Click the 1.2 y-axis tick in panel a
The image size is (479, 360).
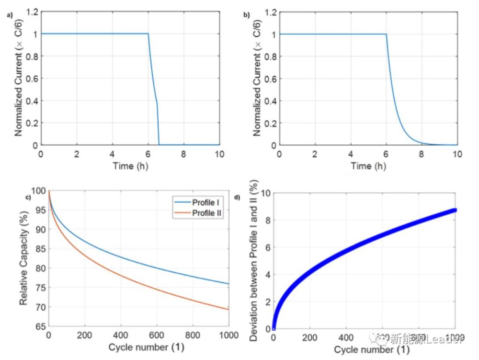[32, 12]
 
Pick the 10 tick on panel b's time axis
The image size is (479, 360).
[457, 154]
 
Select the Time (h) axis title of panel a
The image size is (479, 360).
[130, 166]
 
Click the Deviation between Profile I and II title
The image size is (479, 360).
[254, 261]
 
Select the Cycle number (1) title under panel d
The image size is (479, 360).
[365, 349]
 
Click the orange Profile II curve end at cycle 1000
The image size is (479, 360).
[228, 309]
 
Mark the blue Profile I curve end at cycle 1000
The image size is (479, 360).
[228, 284]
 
